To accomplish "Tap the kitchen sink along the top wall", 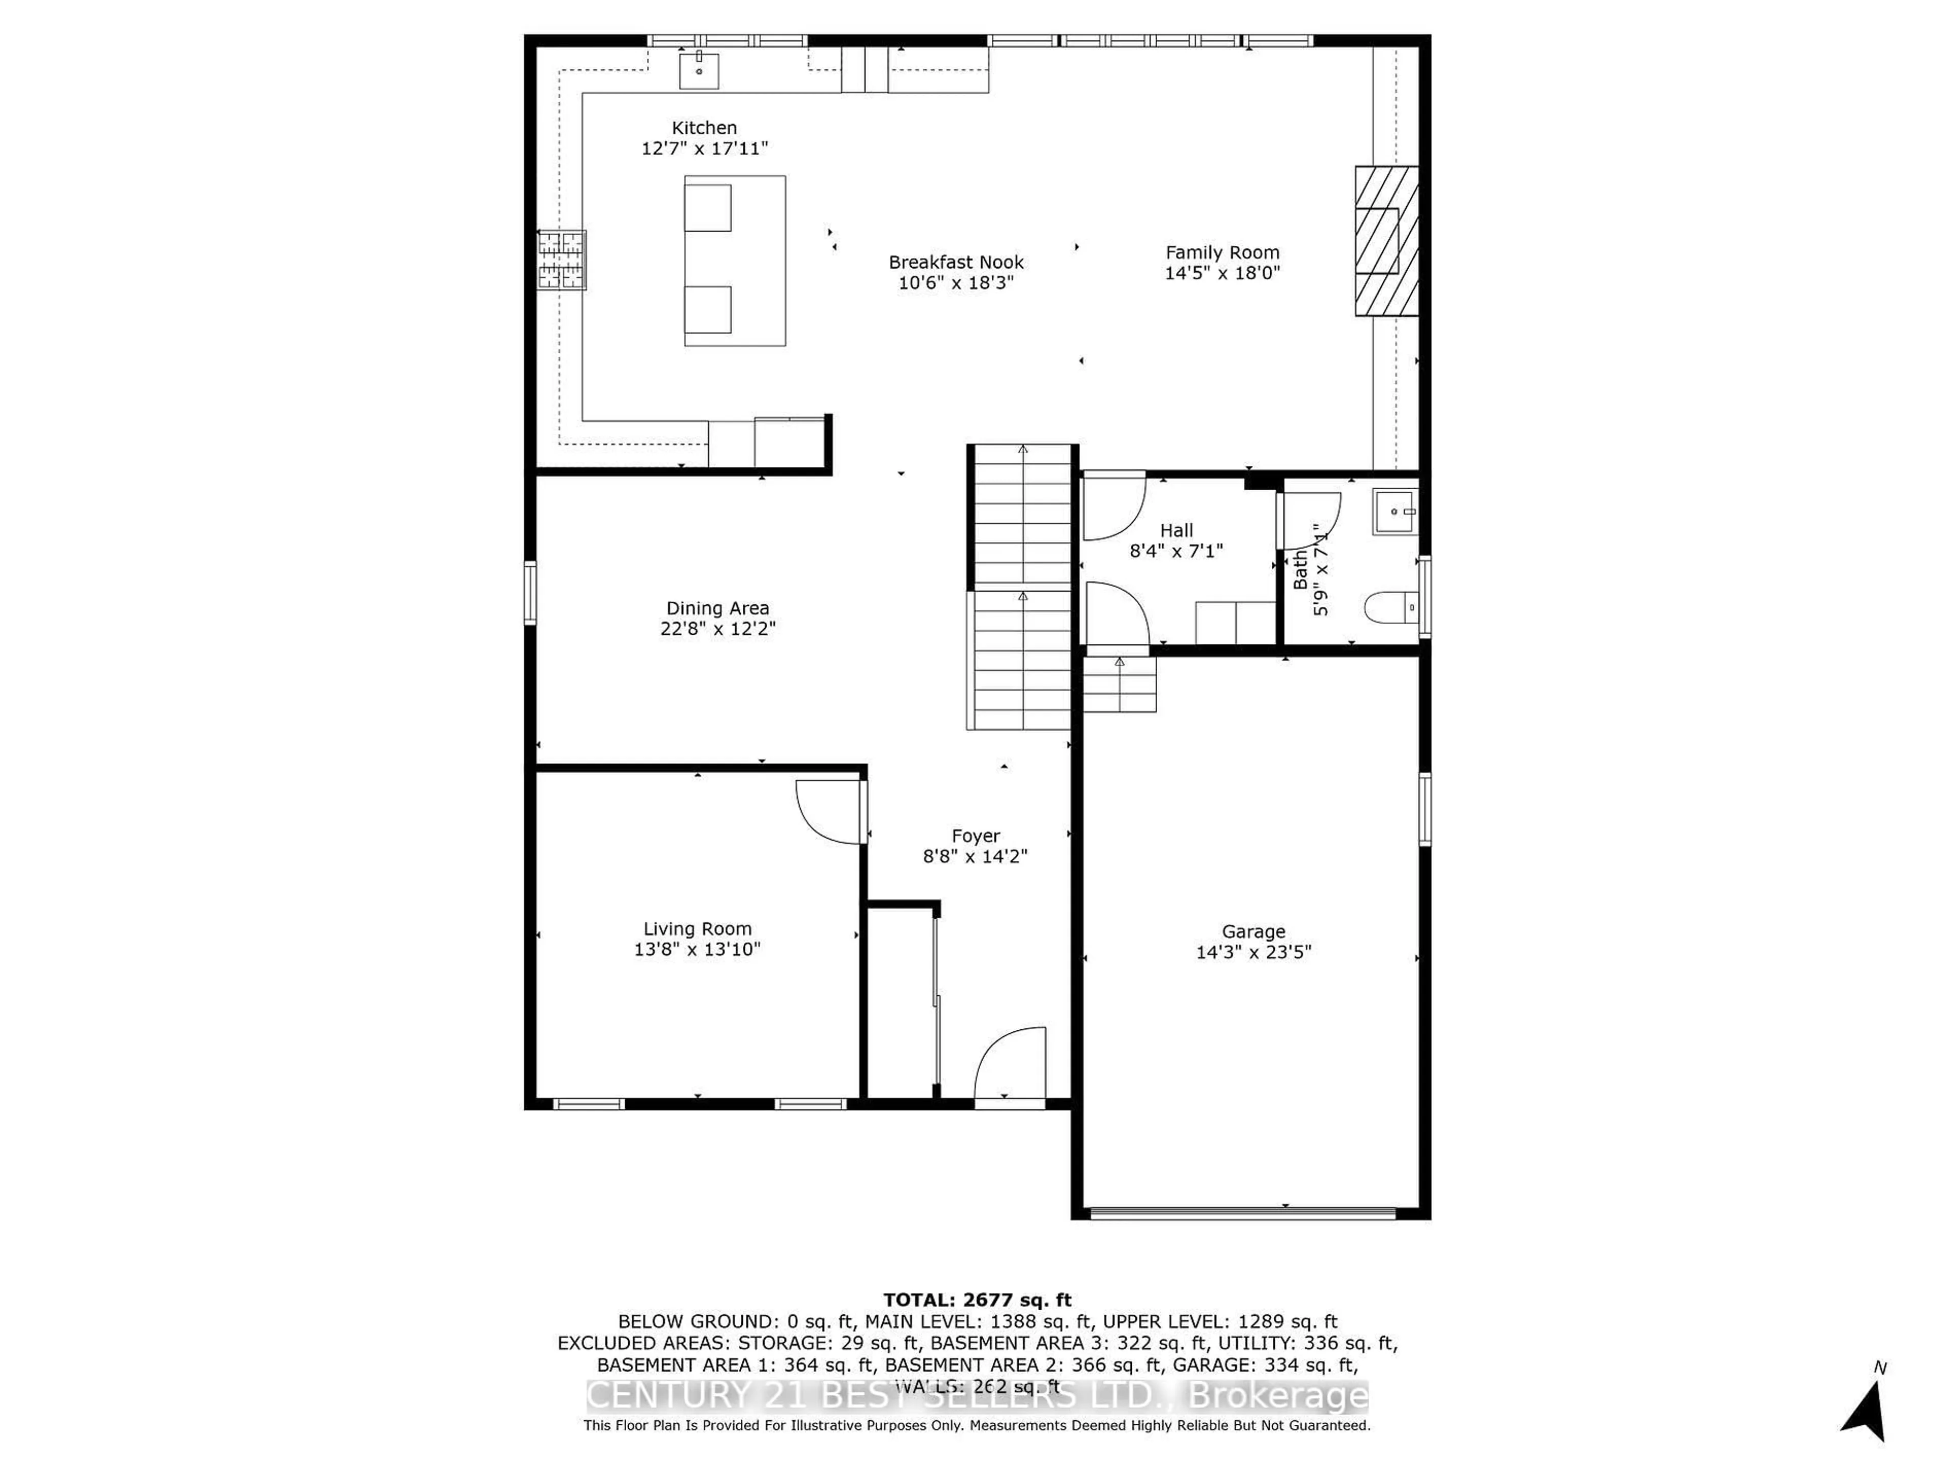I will coord(698,71).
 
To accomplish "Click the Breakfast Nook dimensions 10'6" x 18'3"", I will coord(956,283).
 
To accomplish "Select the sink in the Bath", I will coord(1394,513).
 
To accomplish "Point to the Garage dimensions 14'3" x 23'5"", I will coord(1253,952).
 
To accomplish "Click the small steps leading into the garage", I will coord(1120,684).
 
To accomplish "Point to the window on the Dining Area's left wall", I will coord(530,593).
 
